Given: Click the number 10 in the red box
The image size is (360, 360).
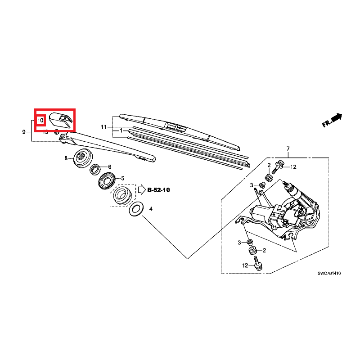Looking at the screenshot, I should coord(40,121).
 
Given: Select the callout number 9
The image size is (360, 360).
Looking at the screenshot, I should coord(23,132).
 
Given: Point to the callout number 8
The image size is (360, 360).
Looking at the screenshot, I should coord(66,158).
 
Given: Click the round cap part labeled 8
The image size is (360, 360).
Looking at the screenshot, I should coord(81,158).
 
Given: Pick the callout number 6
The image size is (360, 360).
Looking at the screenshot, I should coord(109,166).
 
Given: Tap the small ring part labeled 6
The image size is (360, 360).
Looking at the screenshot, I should coord(96,170).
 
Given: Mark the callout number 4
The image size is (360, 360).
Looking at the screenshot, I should coord(151,209).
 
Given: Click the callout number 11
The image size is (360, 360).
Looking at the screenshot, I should coord(103,127).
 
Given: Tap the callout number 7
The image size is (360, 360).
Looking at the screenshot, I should coord(288,148).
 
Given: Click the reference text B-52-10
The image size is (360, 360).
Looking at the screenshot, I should coord(159,190).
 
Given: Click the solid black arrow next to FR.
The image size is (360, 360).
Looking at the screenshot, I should coord(337,118).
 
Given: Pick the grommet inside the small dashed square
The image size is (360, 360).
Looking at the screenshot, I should coord(122,196).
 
